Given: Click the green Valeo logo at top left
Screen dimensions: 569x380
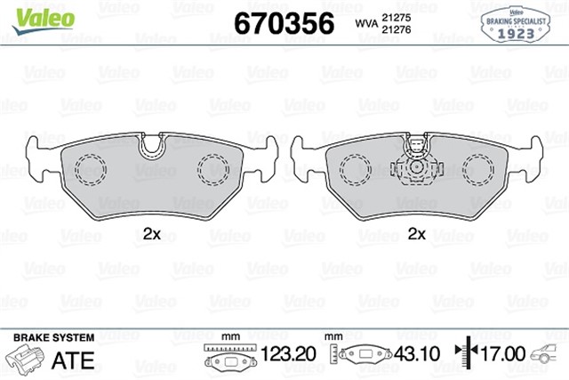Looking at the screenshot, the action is [x=44, y=20].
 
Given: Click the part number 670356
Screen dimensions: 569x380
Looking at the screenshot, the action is [x=284, y=23].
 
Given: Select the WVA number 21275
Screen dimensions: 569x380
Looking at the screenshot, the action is [x=396, y=18].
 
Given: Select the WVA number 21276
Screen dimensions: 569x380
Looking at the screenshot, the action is [x=396, y=29].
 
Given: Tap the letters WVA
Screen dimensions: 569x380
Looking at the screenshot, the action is [x=366, y=24].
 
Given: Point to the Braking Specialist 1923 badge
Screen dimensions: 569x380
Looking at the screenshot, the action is [x=516, y=25].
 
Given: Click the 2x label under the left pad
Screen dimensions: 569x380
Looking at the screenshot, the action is [x=152, y=234].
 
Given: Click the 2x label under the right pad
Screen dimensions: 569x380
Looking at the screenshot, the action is [x=416, y=234].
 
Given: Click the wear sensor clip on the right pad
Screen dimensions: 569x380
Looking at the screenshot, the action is [x=417, y=161].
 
